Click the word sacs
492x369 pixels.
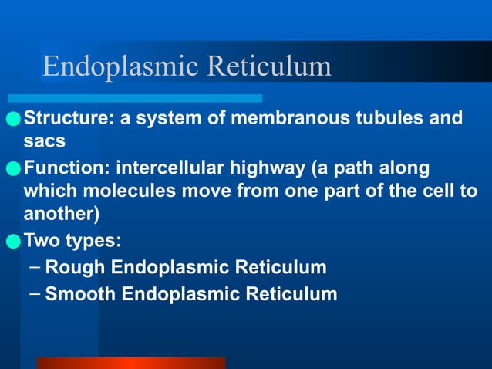click(x=45, y=142)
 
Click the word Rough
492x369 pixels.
click(x=75, y=268)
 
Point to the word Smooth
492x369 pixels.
click(x=80, y=294)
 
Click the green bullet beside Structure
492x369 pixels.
click(x=13, y=120)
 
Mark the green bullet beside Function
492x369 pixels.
click(x=13, y=168)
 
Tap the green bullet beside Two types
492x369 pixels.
click(x=13, y=241)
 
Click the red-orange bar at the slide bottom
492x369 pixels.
click(x=130, y=362)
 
